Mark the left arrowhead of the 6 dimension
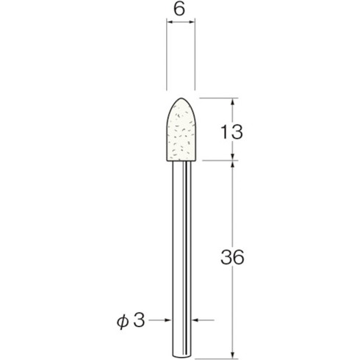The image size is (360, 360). coord(170,24)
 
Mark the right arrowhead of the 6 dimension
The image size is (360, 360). coord(192,24)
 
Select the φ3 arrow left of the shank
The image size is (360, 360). coord(171,321)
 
